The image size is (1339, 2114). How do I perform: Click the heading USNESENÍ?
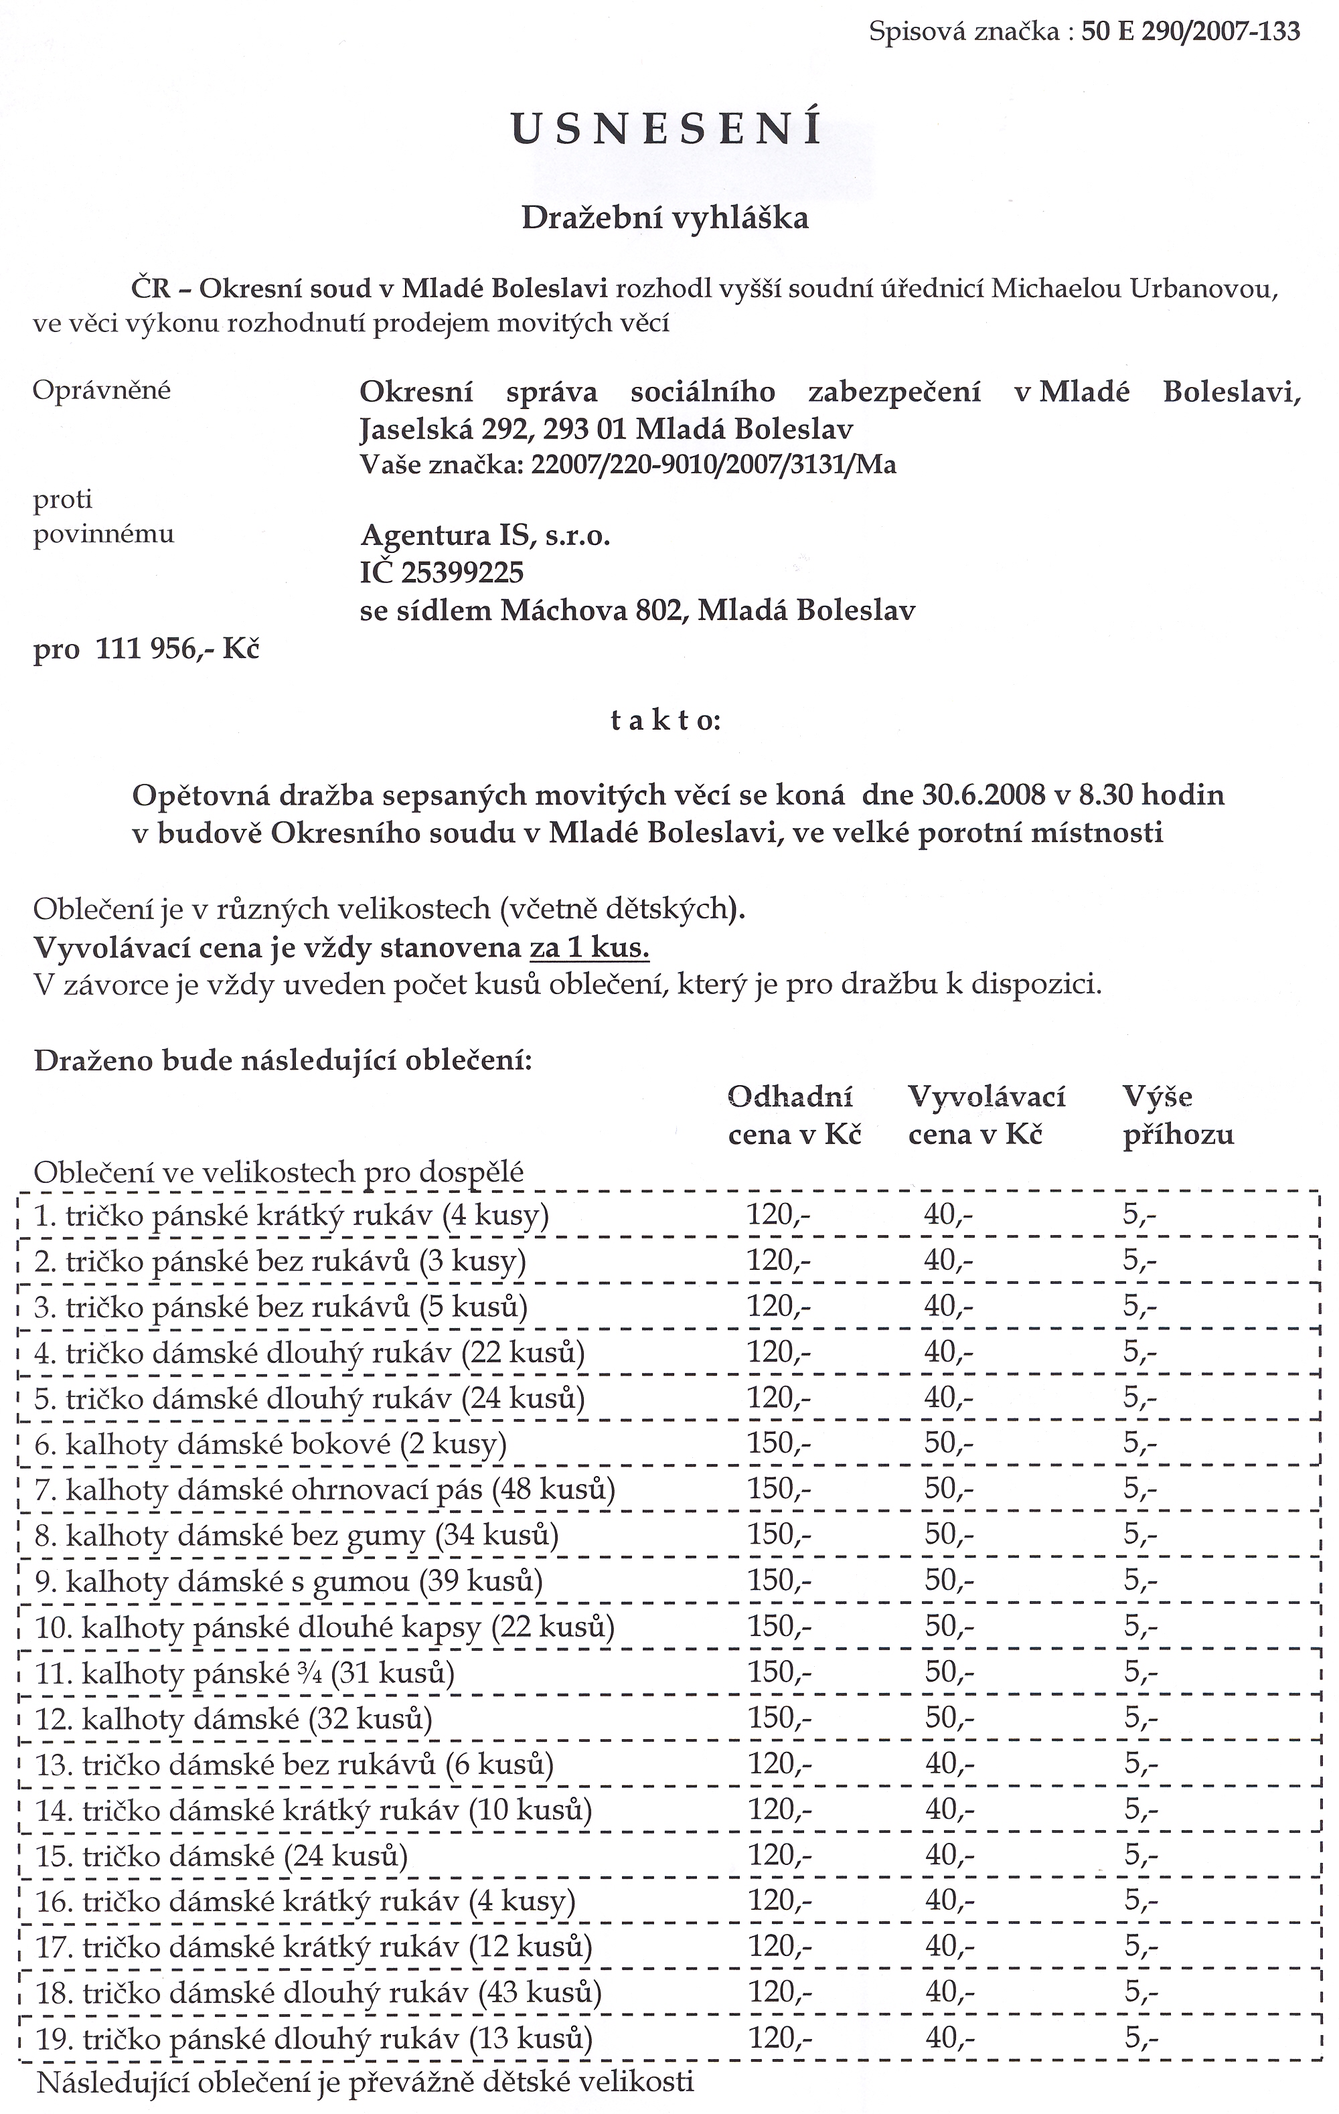pyautogui.click(x=667, y=130)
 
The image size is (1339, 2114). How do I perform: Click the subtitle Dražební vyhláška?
pyautogui.click(x=665, y=218)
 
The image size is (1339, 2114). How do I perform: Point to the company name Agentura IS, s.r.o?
pyautogui.click(x=485, y=536)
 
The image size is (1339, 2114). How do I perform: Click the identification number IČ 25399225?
pyautogui.click(x=442, y=572)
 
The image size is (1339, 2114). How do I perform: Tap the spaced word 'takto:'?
pyautogui.click(x=665, y=722)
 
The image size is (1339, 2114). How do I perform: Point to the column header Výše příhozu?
pyautogui.click(x=1178, y=1115)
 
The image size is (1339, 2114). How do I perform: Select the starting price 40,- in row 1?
pyautogui.click(x=948, y=1216)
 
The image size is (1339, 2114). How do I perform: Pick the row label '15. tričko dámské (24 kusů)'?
pyautogui.click(x=222, y=1856)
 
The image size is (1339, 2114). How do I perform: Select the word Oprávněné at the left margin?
pyautogui.click(x=102, y=390)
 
